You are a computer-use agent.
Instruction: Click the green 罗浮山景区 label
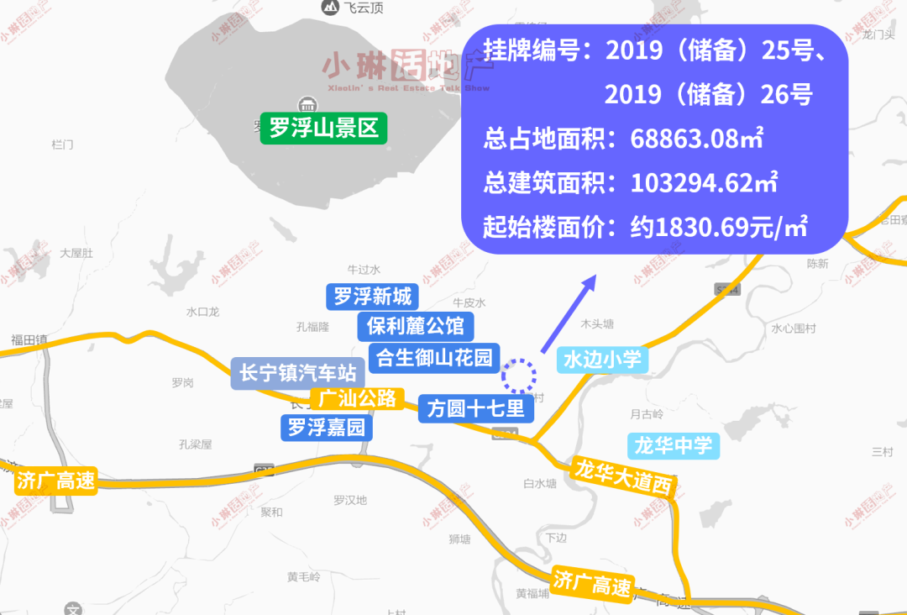click(323, 129)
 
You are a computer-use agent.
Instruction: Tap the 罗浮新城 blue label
click(372, 297)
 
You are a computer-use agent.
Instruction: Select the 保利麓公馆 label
click(415, 325)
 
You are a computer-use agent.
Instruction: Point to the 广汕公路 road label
click(358, 398)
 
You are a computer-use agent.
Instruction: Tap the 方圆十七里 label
click(475, 408)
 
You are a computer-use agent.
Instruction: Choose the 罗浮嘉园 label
click(327, 428)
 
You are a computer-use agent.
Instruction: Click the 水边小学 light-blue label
click(602, 360)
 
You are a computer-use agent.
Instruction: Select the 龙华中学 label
click(674, 444)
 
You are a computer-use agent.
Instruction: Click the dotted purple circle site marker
click(519, 375)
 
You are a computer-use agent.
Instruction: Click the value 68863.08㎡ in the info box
click(696, 139)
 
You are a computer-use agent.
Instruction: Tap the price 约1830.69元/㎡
click(719, 226)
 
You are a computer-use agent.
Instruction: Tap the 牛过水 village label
click(364, 270)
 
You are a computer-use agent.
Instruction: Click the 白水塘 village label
click(539, 483)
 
